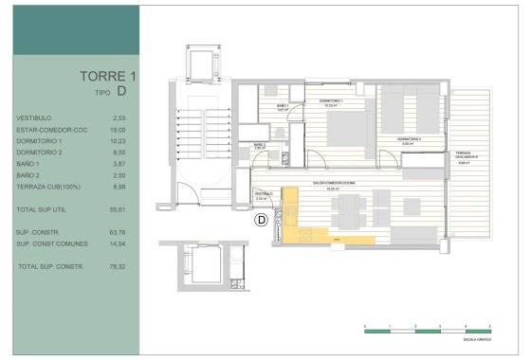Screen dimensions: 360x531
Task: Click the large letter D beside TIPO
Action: (123, 91)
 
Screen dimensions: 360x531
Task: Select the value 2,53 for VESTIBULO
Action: (119, 117)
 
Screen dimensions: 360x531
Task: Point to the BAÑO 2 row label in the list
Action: (28, 175)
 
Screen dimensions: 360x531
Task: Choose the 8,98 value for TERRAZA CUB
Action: (119, 187)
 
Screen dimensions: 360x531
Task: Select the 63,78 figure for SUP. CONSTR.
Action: (119, 232)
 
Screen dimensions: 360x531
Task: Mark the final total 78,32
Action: (119, 266)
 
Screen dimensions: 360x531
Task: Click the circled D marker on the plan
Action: (262, 222)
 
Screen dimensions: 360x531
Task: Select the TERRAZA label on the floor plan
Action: (463, 153)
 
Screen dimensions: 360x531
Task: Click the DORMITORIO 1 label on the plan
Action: (330, 100)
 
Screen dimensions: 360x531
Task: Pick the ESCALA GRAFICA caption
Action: (475, 338)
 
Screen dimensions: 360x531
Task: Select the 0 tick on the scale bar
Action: (365, 325)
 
